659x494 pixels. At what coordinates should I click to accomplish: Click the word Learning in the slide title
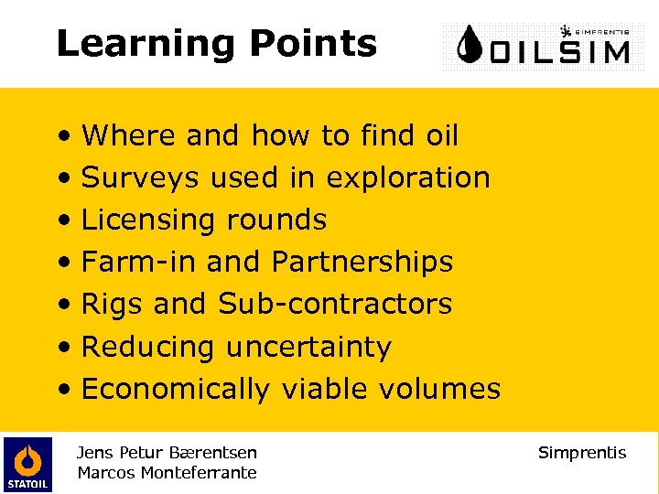tap(133, 44)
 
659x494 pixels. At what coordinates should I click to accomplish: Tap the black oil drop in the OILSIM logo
tap(470, 47)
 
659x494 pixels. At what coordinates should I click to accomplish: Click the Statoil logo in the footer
tap(27, 464)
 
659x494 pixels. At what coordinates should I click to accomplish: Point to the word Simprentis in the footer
tap(582, 453)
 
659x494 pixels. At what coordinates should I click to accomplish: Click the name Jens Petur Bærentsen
tap(167, 453)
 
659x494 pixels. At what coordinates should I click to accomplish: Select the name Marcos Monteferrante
tap(167, 473)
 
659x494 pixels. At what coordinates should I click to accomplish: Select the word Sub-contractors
tap(335, 304)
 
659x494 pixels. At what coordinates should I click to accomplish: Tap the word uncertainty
tap(308, 347)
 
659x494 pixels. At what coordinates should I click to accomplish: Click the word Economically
tap(175, 389)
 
